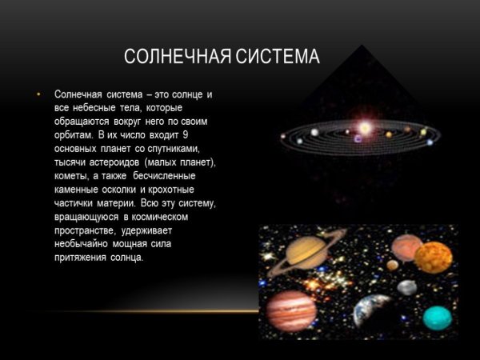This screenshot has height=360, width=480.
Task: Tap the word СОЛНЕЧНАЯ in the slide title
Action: click(174, 58)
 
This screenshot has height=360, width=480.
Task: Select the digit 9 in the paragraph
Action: click(208, 135)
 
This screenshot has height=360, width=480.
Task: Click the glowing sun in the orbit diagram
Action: click(365, 127)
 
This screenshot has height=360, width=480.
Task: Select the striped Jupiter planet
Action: click(290, 310)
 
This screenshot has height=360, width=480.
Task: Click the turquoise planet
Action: click(437, 317)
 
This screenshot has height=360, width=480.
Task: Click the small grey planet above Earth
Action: click(407, 287)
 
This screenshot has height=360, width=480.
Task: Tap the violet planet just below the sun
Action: click(358, 138)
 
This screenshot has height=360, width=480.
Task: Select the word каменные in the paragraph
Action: click(78, 190)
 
